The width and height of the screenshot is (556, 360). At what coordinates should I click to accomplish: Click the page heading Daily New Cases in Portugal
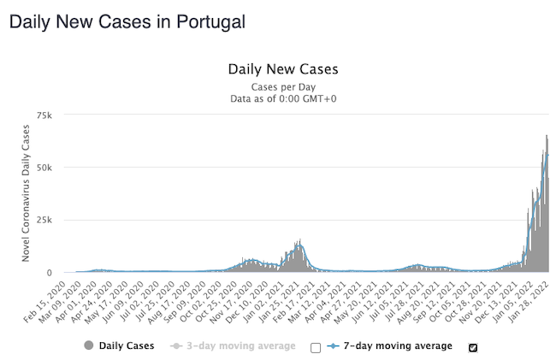pyautogui.click(x=126, y=22)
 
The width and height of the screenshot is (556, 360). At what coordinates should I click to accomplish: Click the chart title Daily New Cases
pyautogui.click(x=283, y=69)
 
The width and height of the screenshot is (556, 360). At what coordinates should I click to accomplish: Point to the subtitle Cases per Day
pyautogui.click(x=283, y=87)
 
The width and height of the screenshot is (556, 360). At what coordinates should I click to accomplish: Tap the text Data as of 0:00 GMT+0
pyautogui.click(x=283, y=99)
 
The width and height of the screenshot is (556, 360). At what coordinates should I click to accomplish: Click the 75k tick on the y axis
pyautogui.click(x=44, y=115)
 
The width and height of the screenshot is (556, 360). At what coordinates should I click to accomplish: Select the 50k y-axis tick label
pyautogui.click(x=44, y=168)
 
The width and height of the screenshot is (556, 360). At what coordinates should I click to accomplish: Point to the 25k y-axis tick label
pyautogui.click(x=44, y=220)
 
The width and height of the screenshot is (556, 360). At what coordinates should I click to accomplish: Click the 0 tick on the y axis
pyautogui.click(x=50, y=273)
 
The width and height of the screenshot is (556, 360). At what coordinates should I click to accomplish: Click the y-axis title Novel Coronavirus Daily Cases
pyautogui.click(x=26, y=192)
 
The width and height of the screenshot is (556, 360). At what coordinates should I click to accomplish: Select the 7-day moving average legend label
pyautogui.click(x=397, y=345)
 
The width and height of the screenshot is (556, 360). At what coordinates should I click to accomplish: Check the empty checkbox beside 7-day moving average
pyautogui.click(x=316, y=347)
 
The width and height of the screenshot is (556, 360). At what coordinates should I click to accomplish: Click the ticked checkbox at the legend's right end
pyautogui.click(x=473, y=347)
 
